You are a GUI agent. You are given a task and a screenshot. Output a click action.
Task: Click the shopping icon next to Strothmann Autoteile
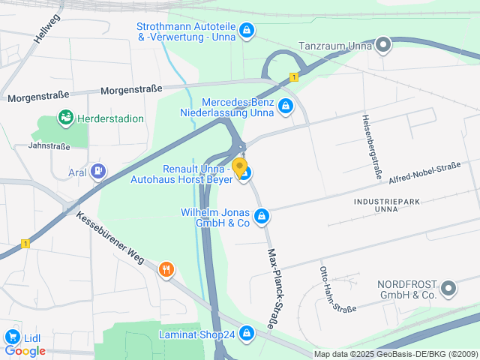[x=247, y=31]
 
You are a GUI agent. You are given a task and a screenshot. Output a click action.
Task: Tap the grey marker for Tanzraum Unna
[x=383, y=46]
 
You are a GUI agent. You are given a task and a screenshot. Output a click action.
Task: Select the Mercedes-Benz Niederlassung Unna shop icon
[x=285, y=107]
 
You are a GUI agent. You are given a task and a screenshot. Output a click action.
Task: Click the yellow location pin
[x=239, y=166]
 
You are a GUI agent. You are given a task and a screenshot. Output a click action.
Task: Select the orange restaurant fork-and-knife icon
[x=166, y=269]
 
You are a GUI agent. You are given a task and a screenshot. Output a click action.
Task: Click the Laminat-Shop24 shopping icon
[x=247, y=335]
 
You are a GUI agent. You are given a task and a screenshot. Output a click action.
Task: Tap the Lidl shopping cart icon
[x=12, y=337]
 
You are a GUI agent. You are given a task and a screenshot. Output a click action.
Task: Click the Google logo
[x=25, y=350]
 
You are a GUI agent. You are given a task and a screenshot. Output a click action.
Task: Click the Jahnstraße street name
[x=50, y=146]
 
